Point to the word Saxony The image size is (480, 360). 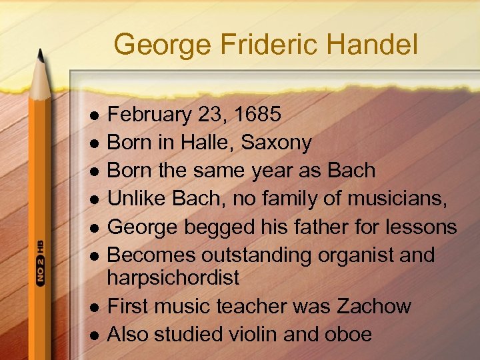[x=276, y=142]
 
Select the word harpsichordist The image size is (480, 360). [x=173, y=277]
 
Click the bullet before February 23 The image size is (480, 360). [x=95, y=115]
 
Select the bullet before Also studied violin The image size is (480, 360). [x=95, y=335]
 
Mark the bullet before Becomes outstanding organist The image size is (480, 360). [x=95, y=256]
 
